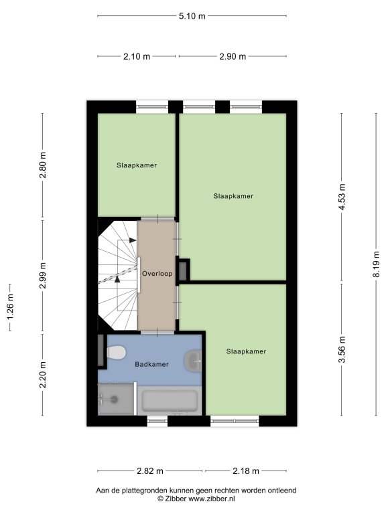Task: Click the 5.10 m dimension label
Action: tap(192, 16)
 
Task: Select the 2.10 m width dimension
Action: tap(137, 56)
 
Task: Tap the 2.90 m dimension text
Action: tap(233, 56)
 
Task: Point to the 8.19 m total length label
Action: tap(376, 264)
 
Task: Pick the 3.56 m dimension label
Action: tap(342, 350)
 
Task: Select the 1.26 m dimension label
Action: tap(10, 307)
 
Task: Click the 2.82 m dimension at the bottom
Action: tap(149, 471)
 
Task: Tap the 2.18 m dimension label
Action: tap(246, 471)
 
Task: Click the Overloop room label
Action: tap(157, 273)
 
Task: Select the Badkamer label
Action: tap(151, 364)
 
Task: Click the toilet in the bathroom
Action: tap(116, 353)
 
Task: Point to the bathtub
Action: tap(170, 401)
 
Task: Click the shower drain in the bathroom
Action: tap(114, 400)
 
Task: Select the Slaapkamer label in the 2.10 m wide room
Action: tap(137, 165)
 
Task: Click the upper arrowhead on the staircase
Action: tap(133, 240)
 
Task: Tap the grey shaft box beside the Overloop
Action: tap(183, 271)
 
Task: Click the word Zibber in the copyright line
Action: tap(176, 499)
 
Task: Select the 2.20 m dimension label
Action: tap(43, 375)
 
